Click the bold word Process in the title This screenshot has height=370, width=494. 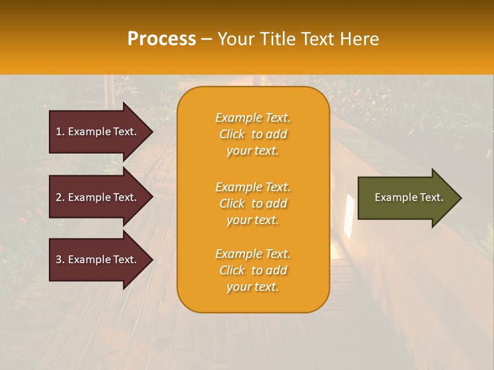[162, 39]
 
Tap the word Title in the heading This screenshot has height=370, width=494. [276, 39]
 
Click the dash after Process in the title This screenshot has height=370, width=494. [207, 39]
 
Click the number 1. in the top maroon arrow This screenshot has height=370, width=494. [60, 132]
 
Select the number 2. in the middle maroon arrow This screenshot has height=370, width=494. [60, 197]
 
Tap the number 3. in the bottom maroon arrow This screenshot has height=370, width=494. [60, 260]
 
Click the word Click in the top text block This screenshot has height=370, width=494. [232, 134]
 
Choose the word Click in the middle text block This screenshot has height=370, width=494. [232, 203]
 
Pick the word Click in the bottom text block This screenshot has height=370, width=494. [232, 270]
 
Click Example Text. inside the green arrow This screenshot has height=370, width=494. [409, 197]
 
